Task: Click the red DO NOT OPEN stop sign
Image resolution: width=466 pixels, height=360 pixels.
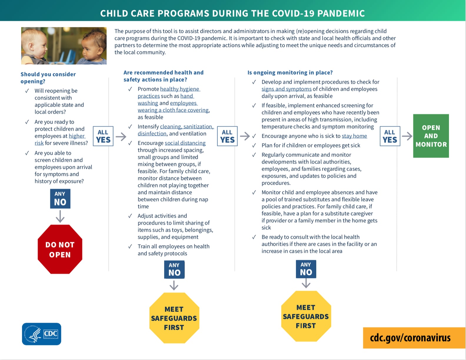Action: (x=60, y=249)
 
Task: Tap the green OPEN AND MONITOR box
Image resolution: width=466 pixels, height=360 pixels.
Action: (x=431, y=136)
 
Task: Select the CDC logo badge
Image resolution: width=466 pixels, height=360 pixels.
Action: (x=41, y=334)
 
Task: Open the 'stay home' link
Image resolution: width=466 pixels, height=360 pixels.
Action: (x=354, y=136)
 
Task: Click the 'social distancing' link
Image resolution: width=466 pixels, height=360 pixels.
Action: (x=185, y=143)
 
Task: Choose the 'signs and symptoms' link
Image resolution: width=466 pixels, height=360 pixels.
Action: (x=286, y=89)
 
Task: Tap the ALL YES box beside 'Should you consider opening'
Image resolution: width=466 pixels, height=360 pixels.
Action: (x=103, y=136)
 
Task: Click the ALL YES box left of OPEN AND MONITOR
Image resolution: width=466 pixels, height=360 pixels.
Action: (x=390, y=136)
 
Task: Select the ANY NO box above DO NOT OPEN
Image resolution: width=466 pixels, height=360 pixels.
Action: (x=60, y=199)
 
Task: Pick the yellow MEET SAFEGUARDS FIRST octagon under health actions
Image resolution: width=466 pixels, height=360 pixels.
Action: (x=174, y=318)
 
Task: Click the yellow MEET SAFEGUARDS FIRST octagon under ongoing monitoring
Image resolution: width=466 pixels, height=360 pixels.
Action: (x=306, y=316)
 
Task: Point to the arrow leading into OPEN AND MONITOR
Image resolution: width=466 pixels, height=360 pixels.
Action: (x=407, y=136)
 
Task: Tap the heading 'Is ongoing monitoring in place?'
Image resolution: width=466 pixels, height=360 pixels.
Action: (x=290, y=72)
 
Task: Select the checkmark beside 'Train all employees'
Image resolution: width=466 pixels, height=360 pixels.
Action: (x=130, y=246)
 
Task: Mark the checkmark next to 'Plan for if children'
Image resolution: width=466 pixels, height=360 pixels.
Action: (x=254, y=145)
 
